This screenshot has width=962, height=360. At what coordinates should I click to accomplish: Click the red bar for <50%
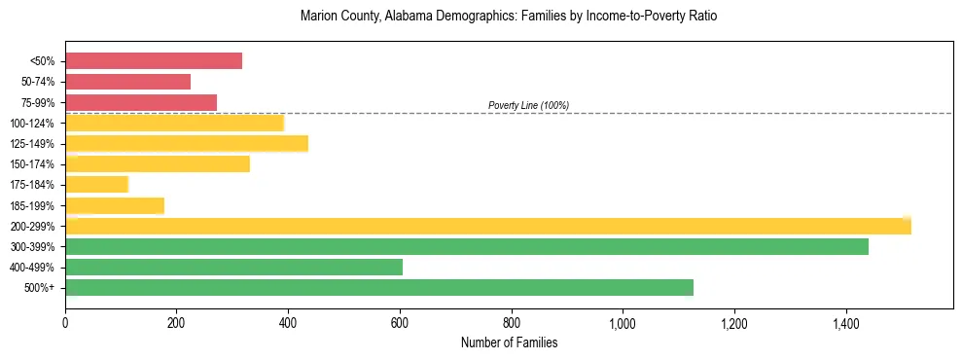click(x=154, y=61)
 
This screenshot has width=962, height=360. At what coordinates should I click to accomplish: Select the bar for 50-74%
click(x=127, y=82)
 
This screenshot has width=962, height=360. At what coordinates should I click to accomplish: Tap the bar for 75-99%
click(x=141, y=102)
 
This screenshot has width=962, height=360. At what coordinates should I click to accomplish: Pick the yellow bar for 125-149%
click(x=187, y=143)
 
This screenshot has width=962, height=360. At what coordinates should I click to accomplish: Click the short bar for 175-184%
click(x=96, y=185)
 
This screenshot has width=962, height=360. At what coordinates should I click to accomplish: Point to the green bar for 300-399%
click(x=467, y=246)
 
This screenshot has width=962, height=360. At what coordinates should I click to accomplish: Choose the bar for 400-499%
click(x=233, y=267)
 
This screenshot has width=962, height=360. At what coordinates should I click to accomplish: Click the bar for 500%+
click(x=379, y=287)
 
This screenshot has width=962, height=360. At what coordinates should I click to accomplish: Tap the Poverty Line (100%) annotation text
click(x=528, y=105)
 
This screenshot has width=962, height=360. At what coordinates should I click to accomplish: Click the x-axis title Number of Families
click(x=509, y=343)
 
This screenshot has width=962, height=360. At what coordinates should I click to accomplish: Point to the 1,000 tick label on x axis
click(x=623, y=325)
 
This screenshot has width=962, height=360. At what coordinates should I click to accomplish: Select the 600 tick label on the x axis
click(x=400, y=325)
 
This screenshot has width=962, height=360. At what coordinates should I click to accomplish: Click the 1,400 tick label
click(x=845, y=325)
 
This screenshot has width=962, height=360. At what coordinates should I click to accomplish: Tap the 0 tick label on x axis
click(x=65, y=325)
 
